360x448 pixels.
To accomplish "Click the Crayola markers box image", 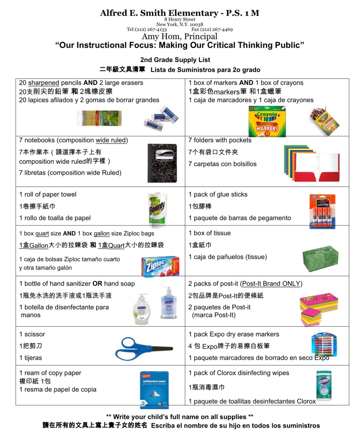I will [x=267, y=121].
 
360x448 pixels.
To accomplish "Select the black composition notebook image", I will [x=162, y=164].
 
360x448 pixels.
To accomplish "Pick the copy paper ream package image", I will [x=154, y=390].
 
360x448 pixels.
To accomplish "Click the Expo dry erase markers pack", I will [x=324, y=345].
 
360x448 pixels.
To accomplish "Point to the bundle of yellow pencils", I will [x=99, y=118].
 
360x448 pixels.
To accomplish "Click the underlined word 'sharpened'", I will [x=44, y=83].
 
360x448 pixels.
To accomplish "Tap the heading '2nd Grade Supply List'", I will [x=181, y=60].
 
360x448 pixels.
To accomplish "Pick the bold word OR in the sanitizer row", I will [x=97, y=283].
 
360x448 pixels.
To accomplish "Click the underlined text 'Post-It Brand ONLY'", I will [x=271, y=283].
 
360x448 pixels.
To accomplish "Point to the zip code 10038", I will [x=195, y=24].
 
